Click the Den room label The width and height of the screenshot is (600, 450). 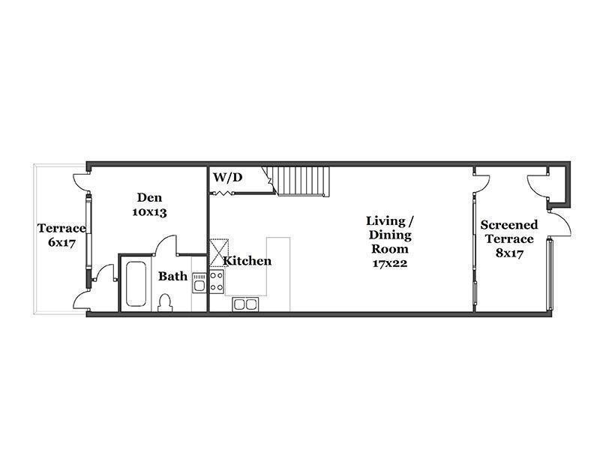149,197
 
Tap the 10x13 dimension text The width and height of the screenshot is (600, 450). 149,212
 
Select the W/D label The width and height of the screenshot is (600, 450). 228,177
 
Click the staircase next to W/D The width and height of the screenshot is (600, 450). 300,181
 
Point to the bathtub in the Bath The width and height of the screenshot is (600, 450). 136,283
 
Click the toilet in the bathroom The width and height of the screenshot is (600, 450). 165,303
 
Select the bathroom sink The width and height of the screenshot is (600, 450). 199,283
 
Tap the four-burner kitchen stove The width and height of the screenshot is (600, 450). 217,282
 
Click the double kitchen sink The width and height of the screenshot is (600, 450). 245,304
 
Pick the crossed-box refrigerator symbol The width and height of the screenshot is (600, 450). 219,253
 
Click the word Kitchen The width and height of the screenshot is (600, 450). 247,261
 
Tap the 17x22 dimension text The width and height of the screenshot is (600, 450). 390,263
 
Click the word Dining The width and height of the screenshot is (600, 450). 390,235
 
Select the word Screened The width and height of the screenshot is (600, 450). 509,224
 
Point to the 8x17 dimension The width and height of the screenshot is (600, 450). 509,253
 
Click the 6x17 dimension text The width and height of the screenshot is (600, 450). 62,242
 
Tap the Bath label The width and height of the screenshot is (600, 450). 173,276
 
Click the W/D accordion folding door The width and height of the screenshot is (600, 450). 222,193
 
